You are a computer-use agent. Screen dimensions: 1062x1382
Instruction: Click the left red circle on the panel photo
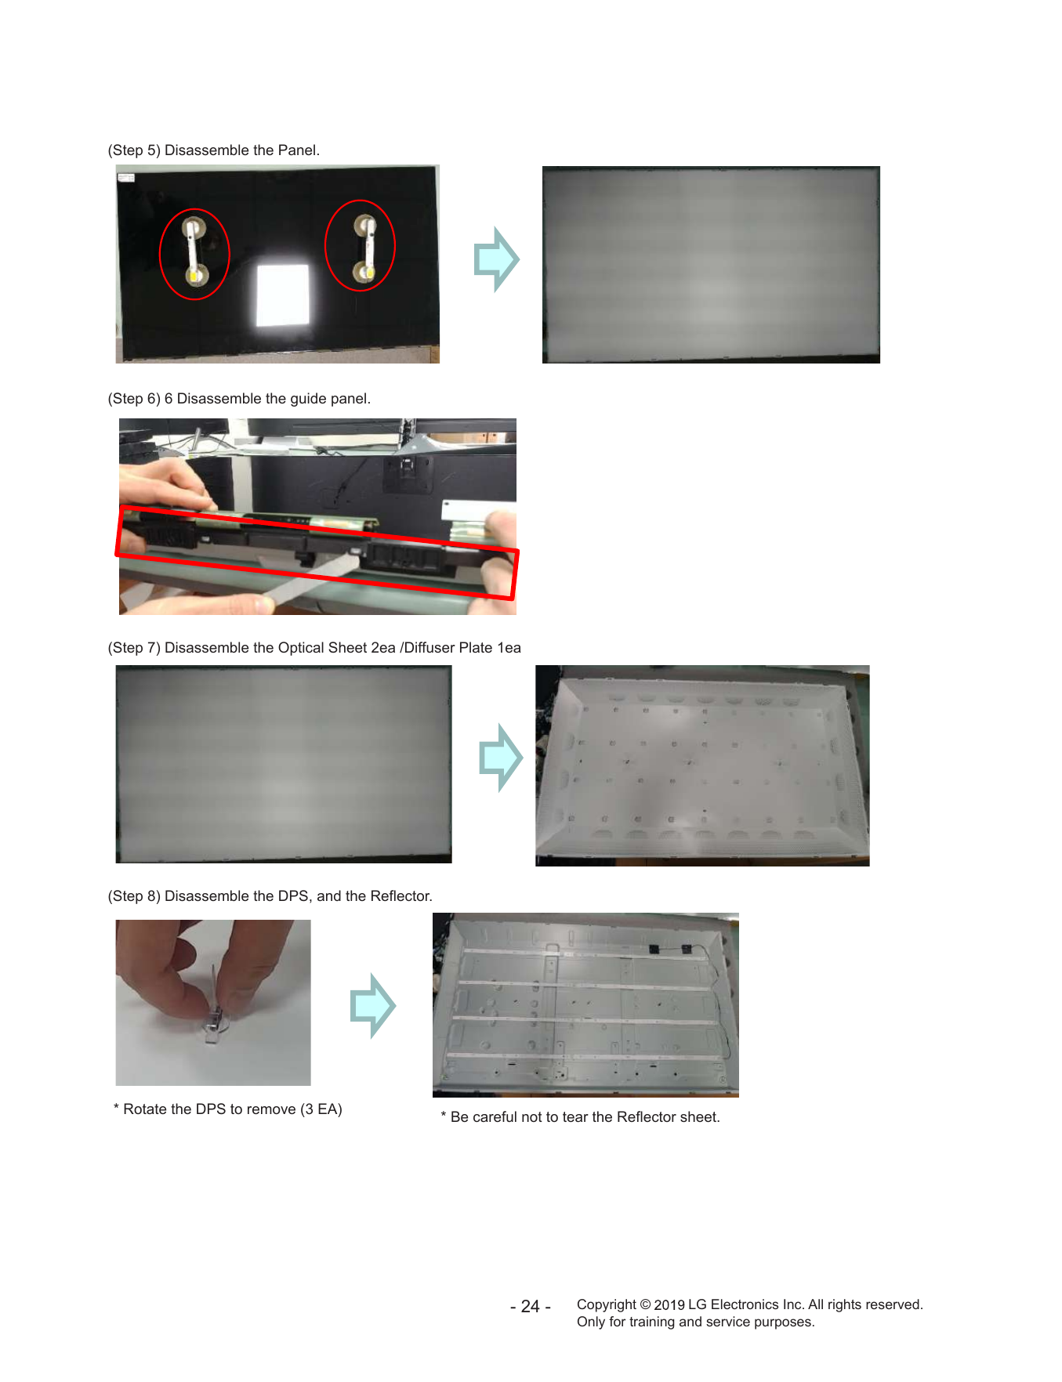click(160, 255)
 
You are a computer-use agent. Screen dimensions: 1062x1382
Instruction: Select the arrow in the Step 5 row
click(496, 259)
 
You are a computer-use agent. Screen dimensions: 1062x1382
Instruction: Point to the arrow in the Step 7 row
click(501, 758)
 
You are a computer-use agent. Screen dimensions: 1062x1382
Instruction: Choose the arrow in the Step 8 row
click(373, 1006)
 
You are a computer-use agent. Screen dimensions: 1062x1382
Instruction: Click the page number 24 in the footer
click(531, 1307)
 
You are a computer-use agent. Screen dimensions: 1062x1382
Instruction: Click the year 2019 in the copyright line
click(669, 1305)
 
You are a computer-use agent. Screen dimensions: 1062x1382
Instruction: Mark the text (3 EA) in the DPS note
click(321, 1109)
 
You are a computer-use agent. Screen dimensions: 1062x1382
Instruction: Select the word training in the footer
click(653, 1322)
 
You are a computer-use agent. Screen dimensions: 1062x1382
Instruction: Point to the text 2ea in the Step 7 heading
click(383, 648)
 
